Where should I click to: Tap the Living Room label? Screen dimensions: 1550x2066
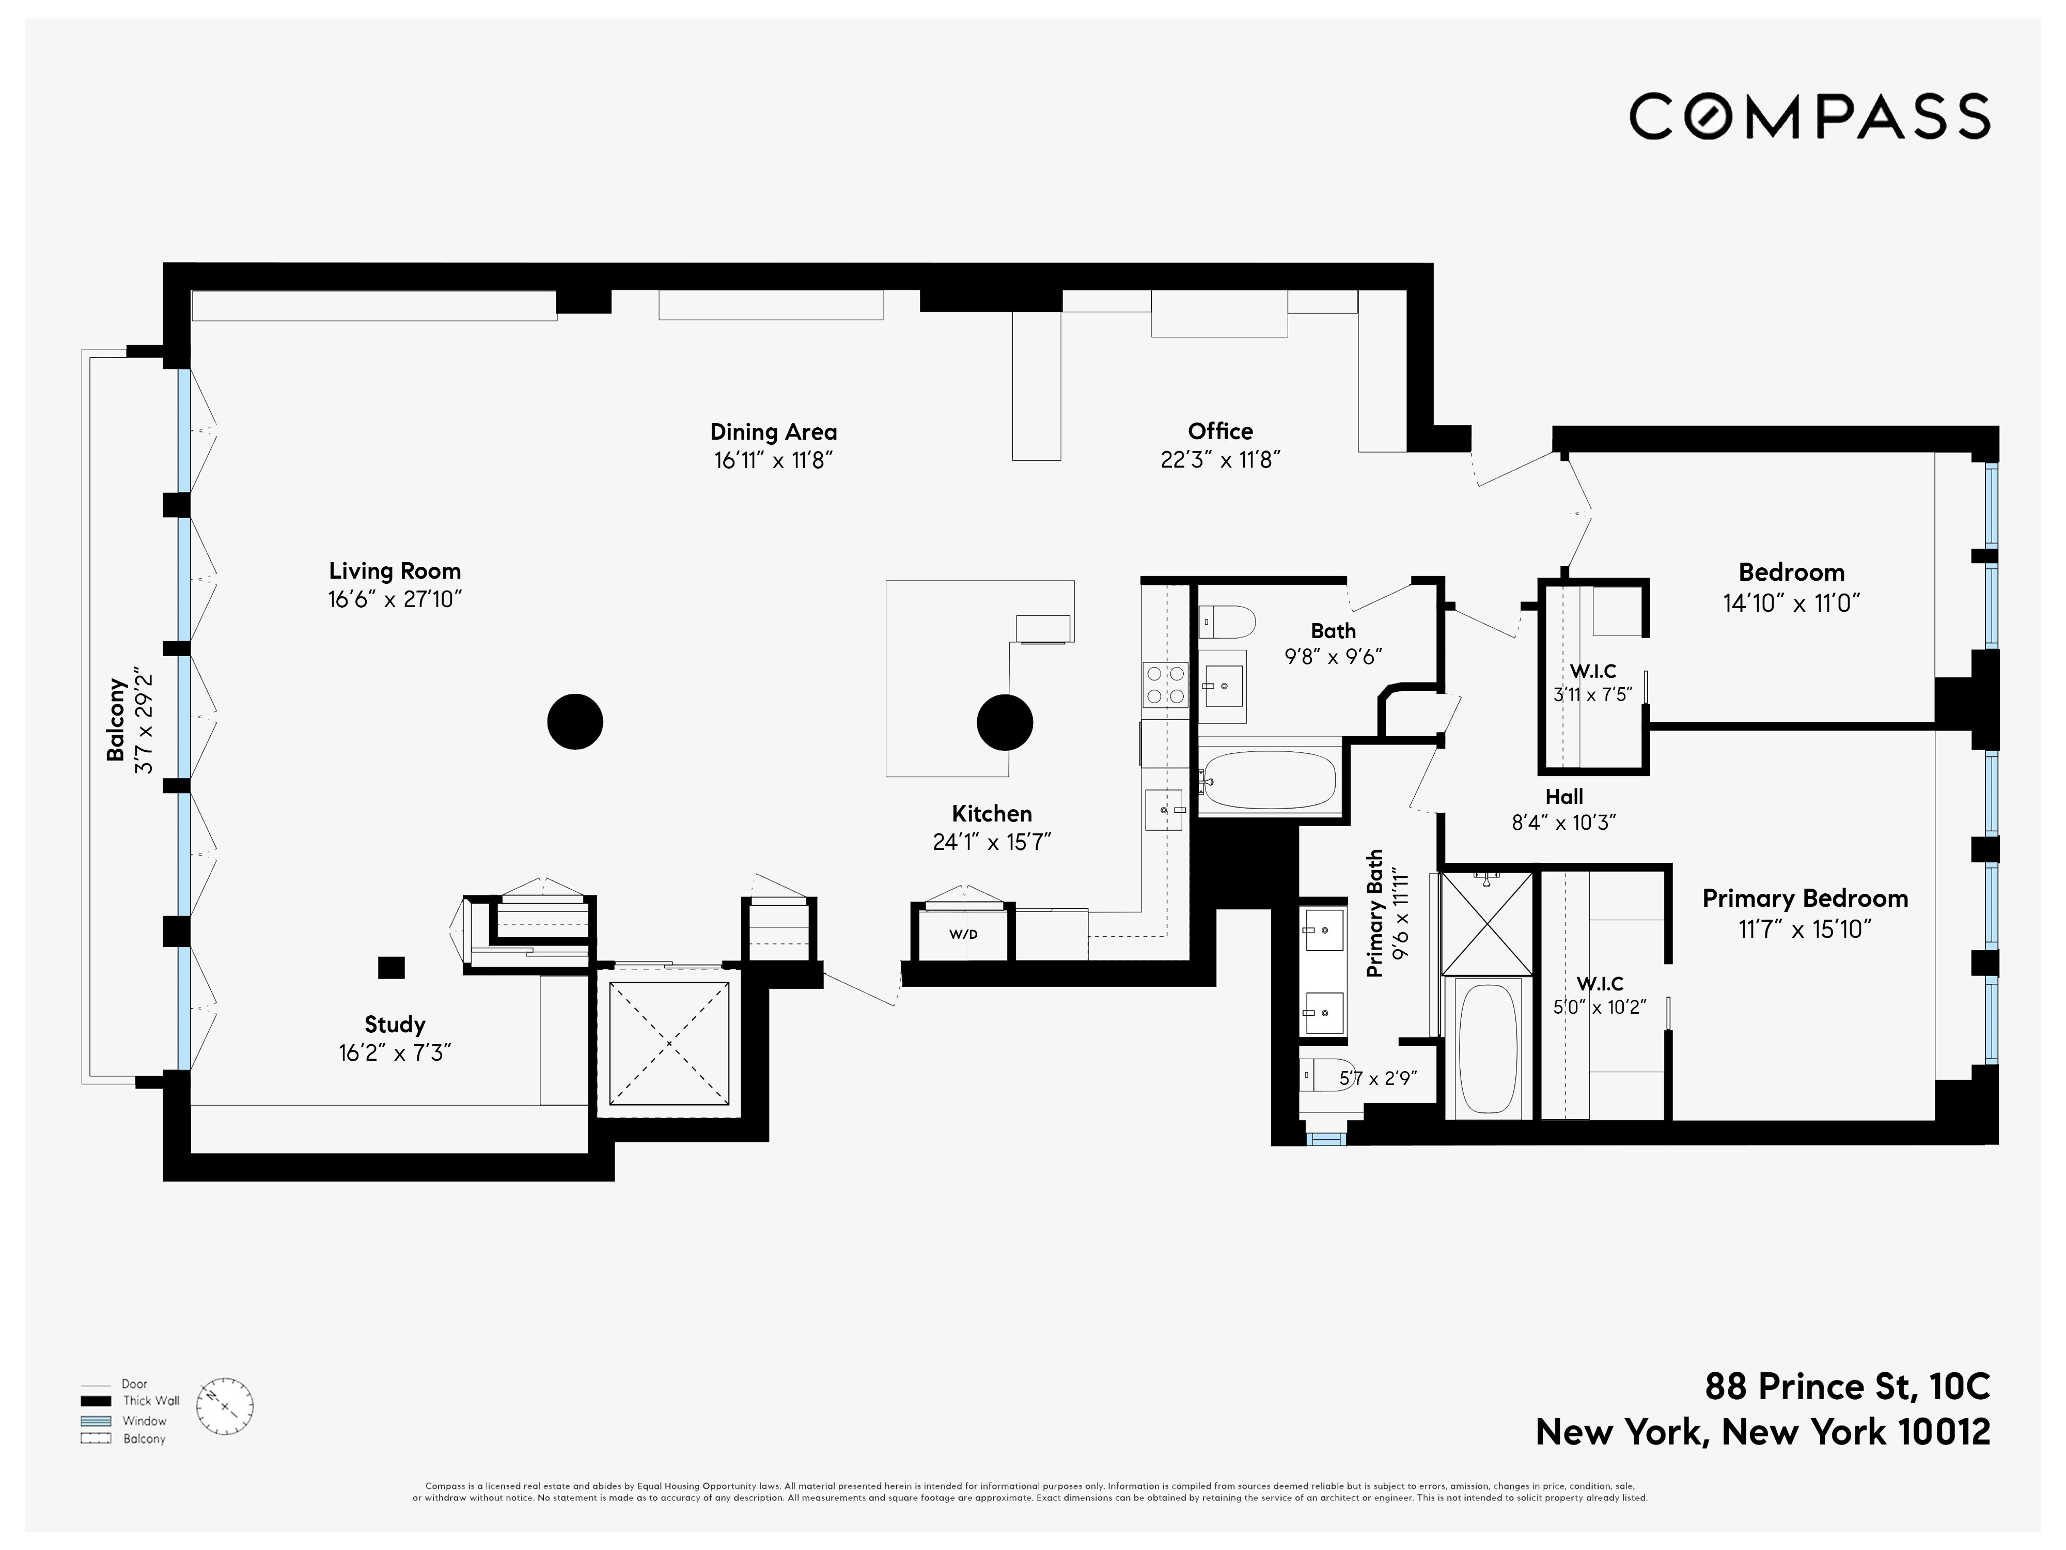pyautogui.click(x=394, y=571)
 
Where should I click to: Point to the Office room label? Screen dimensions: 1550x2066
pyautogui.click(x=1220, y=431)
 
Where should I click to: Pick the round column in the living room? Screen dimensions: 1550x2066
pyautogui.click(x=574, y=721)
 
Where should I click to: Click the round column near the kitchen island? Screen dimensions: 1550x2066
pyautogui.click(x=1004, y=722)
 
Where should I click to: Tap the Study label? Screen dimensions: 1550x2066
pyautogui.click(x=394, y=1024)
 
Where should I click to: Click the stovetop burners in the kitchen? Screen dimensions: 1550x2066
pyautogui.click(x=1165, y=685)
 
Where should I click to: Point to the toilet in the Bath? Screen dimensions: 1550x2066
pyautogui.click(x=1226, y=622)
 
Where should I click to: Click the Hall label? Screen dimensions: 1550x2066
pyautogui.click(x=1563, y=796)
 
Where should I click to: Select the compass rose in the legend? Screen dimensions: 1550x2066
pyautogui.click(x=224, y=1407)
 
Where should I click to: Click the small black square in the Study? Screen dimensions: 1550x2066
pyautogui.click(x=392, y=968)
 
